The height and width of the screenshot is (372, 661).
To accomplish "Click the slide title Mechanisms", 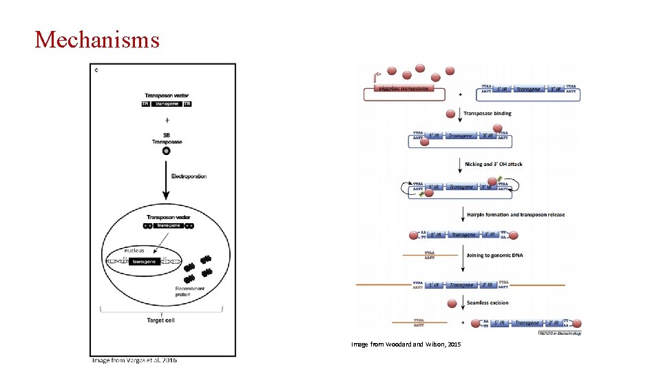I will pos(97,39).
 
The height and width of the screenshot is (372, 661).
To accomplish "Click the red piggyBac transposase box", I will pos(404,89).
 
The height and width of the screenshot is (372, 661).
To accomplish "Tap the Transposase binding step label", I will pos(487,113).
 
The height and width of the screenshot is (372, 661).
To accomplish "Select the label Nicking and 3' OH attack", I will pos(493,164).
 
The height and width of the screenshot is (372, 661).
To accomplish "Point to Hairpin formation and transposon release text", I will pos(515,214).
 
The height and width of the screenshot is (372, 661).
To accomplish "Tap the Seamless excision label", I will pos(487,302).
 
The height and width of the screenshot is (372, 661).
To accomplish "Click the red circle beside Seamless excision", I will pos(452,303).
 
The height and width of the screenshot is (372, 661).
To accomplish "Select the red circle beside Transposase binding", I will pos(451,114).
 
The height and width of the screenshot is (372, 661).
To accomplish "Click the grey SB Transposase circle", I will pos(166,152).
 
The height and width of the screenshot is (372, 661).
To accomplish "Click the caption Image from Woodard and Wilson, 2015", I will pos(406,344).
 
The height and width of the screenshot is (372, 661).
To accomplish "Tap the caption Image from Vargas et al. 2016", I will pos(135,360).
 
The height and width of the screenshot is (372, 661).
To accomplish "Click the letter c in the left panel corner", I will pos(96,70).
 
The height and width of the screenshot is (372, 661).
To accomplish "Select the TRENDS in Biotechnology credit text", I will pos(559,333).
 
